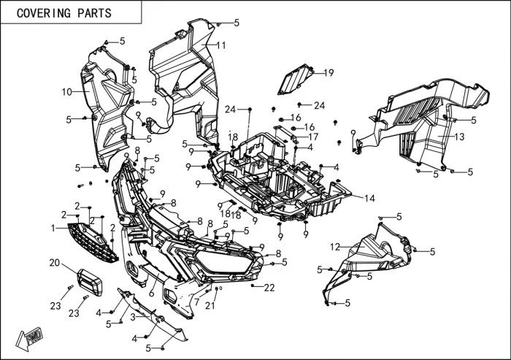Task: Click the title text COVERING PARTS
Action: click(x=64, y=13)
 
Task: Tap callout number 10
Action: click(x=66, y=92)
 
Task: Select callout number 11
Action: click(x=221, y=45)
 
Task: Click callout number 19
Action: click(x=328, y=72)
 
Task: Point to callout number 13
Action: click(x=459, y=137)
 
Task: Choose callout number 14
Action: click(x=369, y=198)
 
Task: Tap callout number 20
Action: click(x=54, y=263)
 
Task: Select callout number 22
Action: click(x=269, y=288)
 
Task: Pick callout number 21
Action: click(x=210, y=306)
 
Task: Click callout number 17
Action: click(x=313, y=137)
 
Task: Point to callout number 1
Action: click(x=53, y=229)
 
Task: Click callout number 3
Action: click(x=132, y=317)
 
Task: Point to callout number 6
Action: click(x=151, y=293)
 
